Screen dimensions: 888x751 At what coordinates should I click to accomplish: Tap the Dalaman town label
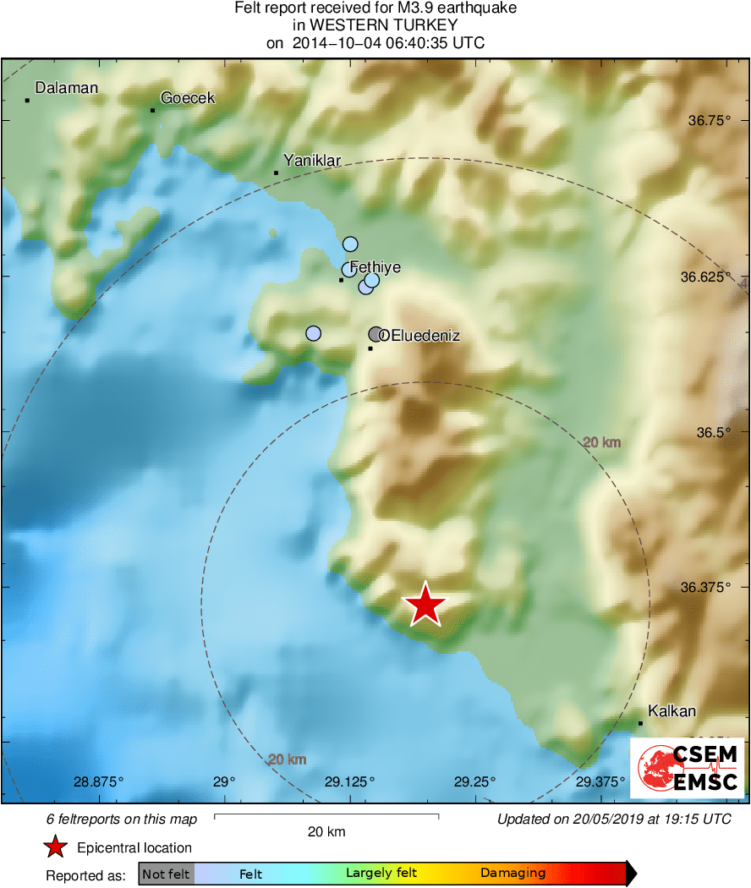(66, 88)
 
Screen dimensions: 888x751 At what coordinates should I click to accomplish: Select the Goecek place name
(188, 98)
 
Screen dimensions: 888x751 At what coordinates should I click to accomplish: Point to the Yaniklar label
(312, 160)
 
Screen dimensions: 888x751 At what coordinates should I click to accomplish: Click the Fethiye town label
(375, 267)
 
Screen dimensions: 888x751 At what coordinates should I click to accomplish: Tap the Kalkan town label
(672, 710)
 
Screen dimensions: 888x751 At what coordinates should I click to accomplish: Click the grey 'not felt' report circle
(376, 334)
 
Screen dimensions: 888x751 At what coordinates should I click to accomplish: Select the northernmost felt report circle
(350, 244)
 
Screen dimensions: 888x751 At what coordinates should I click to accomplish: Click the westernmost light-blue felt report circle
(313, 334)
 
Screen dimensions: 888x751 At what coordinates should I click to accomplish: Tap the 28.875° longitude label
(98, 781)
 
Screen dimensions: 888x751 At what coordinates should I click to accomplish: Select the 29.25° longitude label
(474, 781)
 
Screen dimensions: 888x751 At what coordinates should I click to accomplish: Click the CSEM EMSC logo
(687, 768)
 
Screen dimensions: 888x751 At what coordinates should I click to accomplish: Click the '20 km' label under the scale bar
(326, 831)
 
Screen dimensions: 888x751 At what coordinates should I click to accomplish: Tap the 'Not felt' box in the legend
(166, 874)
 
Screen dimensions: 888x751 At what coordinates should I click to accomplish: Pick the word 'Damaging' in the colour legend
(513, 874)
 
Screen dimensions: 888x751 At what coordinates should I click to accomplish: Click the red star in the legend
(55, 847)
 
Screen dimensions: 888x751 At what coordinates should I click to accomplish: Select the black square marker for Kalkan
(640, 723)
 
